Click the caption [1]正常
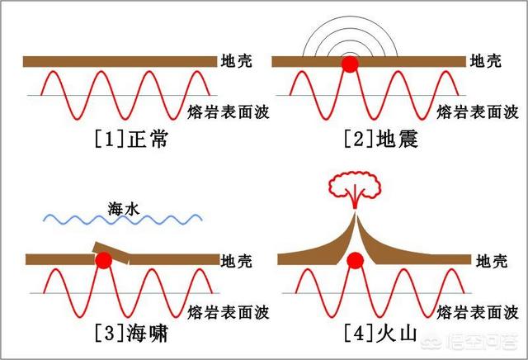click(131, 139)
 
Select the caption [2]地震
click(381, 139)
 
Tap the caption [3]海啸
click(131, 334)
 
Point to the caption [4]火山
click(380, 334)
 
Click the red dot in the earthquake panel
click(350, 64)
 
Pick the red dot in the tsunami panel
click(103, 260)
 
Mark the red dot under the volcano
click(356, 260)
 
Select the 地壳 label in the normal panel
click(237, 61)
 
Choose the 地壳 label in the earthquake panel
click(486, 61)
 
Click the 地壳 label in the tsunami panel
click(237, 261)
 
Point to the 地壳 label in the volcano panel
click(492, 261)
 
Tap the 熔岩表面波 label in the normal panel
click(229, 112)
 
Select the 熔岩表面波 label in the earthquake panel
click(478, 112)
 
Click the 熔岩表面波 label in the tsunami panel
click(229, 312)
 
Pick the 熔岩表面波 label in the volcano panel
click(478, 312)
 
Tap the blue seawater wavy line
click(123, 220)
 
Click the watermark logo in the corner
click(469, 342)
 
